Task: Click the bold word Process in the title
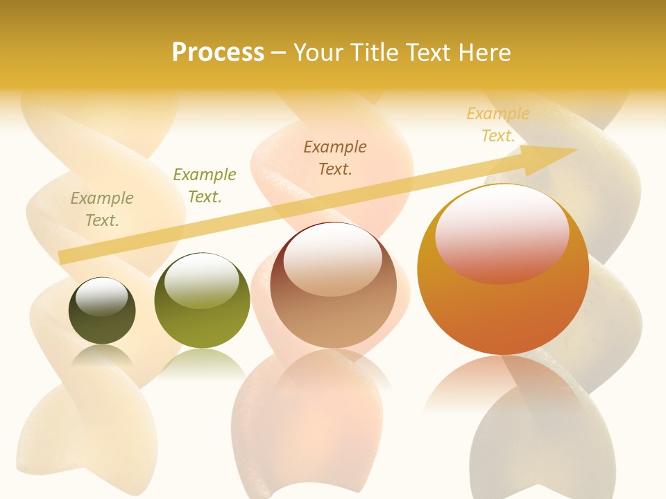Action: click(218, 53)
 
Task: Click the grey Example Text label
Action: click(102, 209)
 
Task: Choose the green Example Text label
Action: click(205, 186)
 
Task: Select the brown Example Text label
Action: click(335, 158)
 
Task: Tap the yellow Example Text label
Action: click(498, 125)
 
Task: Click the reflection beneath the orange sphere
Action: click(503, 381)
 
